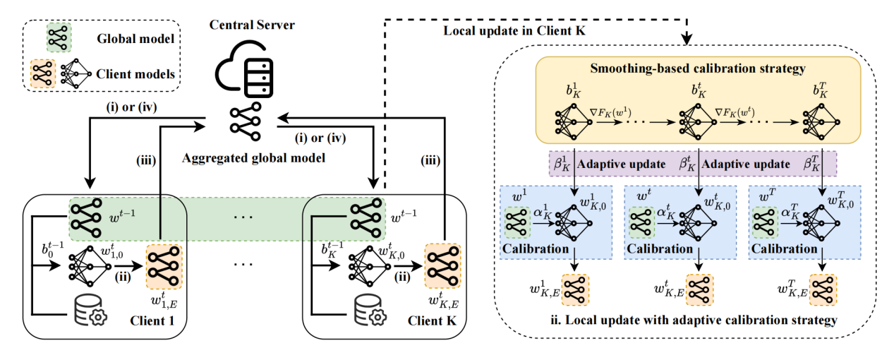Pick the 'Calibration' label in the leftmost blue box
[536, 248]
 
